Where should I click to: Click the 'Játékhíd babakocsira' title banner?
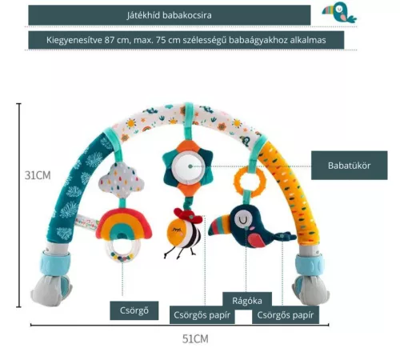170,15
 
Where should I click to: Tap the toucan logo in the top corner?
339,13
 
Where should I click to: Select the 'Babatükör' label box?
349,166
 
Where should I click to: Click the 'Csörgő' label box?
134,310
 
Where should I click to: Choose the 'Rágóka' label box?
247,301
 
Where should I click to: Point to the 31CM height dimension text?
38,175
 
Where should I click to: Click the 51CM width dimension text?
195,339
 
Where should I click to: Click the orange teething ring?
250,182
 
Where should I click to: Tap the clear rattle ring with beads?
122,250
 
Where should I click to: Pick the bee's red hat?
188,215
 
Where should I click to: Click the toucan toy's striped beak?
219,225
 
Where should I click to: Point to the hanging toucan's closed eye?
242,220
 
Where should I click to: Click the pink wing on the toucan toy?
257,240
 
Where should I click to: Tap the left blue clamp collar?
55,263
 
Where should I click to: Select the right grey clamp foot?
310,290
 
